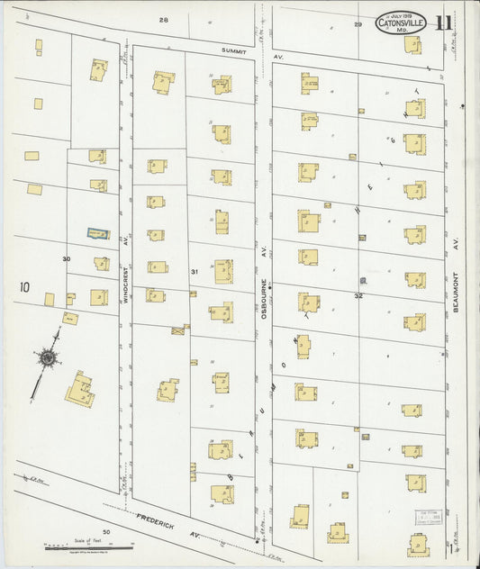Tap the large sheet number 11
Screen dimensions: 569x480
(x=444, y=24)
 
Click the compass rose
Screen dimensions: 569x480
(x=47, y=357)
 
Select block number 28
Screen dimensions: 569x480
(x=164, y=20)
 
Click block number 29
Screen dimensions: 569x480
(x=358, y=24)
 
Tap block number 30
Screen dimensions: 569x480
(x=66, y=259)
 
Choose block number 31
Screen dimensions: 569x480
(x=194, y=271)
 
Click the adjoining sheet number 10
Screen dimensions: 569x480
(x=23, y=288)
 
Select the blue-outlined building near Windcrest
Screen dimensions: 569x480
(x=98, y=233)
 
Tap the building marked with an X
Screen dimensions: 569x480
(x=178, y=330)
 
